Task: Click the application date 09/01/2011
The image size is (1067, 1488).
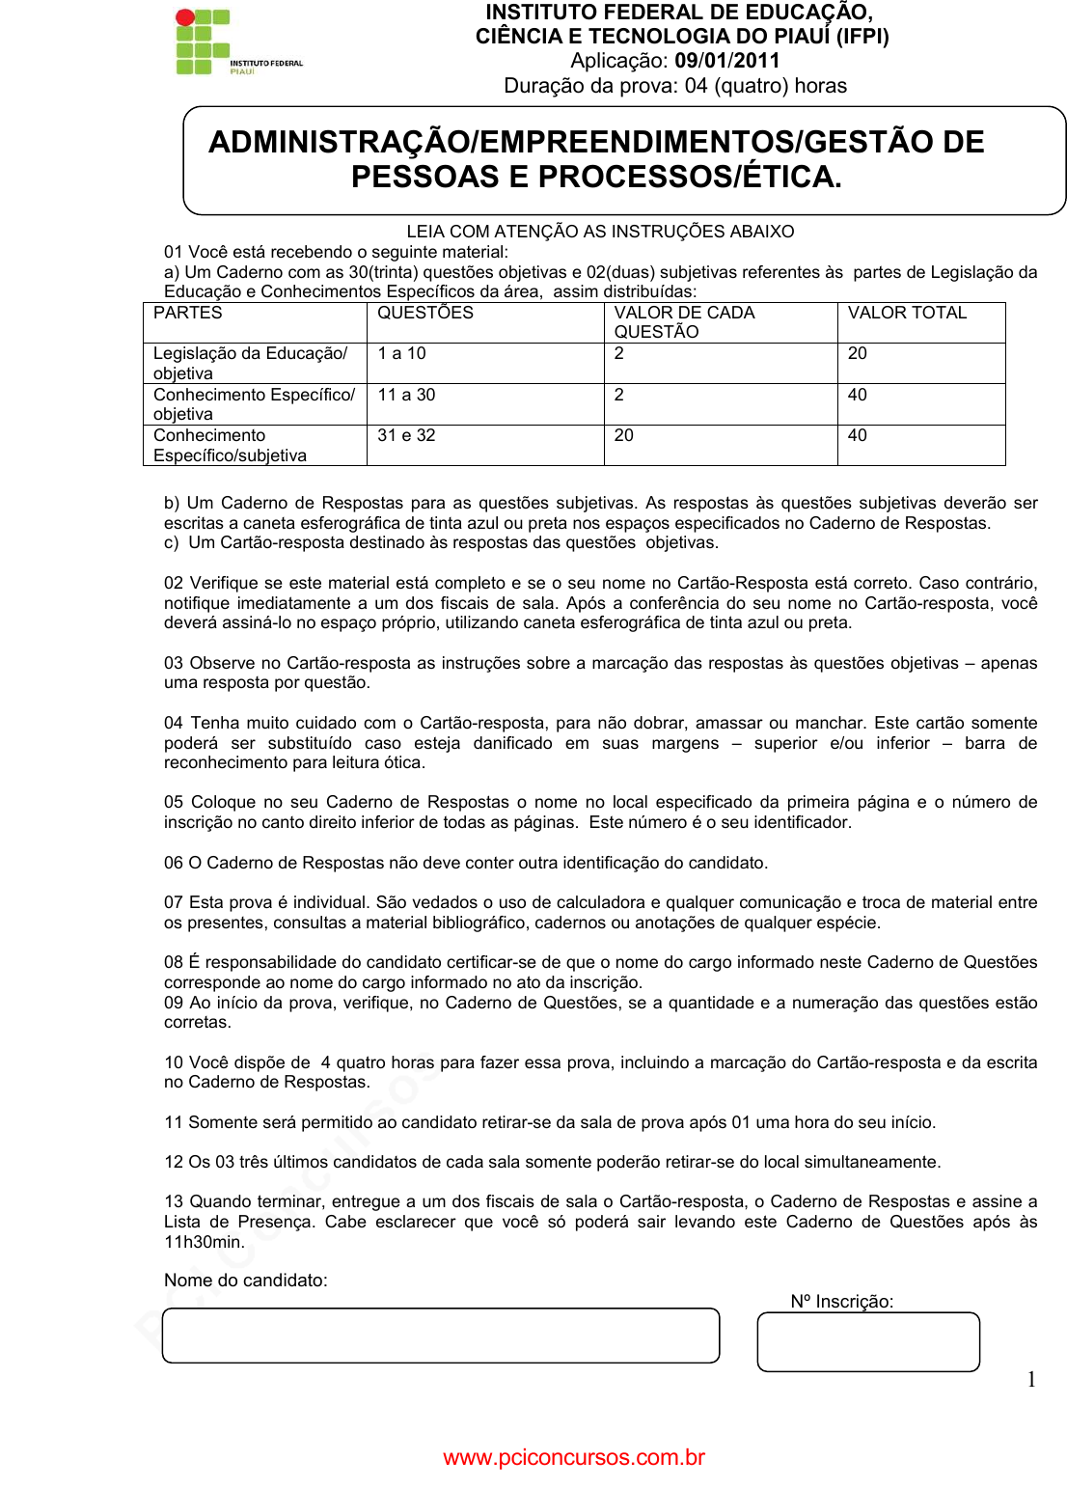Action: (726, 61)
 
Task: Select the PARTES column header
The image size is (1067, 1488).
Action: (188, 313)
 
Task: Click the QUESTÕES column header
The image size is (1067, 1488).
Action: (425, 313)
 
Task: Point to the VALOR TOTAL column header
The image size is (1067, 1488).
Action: (907, 313)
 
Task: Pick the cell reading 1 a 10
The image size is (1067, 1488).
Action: (401, 353)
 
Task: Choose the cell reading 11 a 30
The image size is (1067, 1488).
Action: (406, 395)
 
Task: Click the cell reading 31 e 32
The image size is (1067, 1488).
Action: (406, 435)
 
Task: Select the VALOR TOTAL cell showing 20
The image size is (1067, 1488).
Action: (858, 353)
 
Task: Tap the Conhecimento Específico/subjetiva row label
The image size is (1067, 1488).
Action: (230, 446)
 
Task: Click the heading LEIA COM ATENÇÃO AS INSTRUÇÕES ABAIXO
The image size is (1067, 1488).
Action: (600, 232)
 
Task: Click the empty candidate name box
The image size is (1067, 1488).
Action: (441, 1336)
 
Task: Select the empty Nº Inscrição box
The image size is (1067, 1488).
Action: (868, 1341)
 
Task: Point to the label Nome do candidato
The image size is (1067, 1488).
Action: (246, 1281)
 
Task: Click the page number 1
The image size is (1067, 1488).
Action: (1031, 1380)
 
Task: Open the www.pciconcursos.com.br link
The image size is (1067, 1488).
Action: (574, 1457)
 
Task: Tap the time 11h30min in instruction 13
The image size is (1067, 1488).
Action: (204, 1242)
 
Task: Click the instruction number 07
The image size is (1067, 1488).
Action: (174, 902)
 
